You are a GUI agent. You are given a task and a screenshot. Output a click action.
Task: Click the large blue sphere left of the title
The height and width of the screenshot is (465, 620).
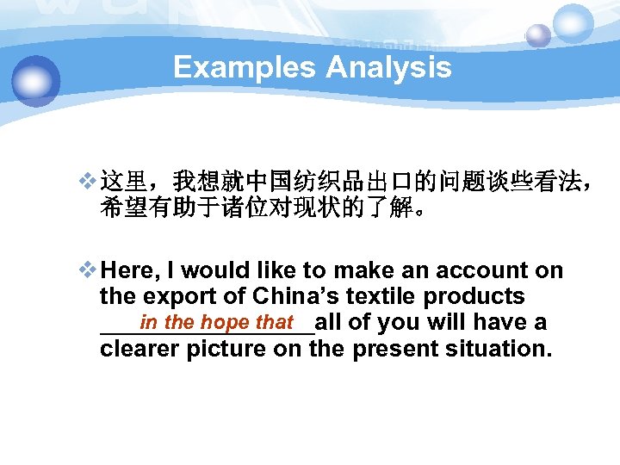tap(36, 80)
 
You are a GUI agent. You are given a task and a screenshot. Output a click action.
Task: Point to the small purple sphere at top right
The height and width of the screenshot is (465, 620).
tap(538, 35)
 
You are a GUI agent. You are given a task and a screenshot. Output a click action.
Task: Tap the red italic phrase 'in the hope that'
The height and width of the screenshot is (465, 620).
tap(216, 323)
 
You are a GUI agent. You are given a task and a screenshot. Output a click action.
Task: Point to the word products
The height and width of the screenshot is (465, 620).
tap(482, 296)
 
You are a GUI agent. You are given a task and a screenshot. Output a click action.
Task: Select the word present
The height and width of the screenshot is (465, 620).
tap(384, 349)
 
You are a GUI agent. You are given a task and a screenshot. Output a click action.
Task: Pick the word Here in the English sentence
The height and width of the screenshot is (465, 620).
tap(126, 270)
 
